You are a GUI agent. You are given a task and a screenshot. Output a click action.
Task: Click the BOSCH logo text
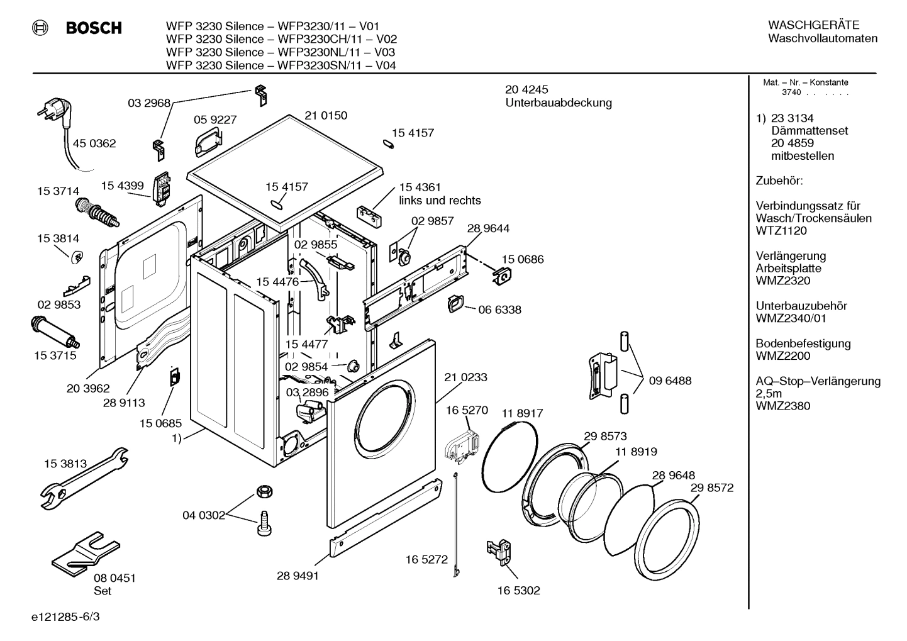[x=93, y=28]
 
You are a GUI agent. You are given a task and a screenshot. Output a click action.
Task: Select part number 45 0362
[x=94, y=143]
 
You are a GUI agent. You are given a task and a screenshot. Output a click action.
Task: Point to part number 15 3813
[x=65, y=464]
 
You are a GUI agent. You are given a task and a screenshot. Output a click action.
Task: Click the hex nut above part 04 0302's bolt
[x=264, y=491]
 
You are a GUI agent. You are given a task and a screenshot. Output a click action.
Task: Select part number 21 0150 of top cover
[x=326, y=116]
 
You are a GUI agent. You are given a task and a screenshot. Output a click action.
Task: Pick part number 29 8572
[x=711, y=488]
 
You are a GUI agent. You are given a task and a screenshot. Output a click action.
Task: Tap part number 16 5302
[x=518, y=590]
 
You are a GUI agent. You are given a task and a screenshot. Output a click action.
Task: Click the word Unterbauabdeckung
[x=558, y=103]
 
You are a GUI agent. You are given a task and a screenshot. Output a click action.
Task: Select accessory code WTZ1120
[x=781, y=231]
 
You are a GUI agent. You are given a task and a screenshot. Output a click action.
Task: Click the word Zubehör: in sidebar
[x=779, y=181]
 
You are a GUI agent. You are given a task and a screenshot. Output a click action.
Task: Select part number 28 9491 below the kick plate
[x=298, y=575]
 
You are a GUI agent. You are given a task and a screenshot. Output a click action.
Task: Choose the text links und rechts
[x=440, y=201]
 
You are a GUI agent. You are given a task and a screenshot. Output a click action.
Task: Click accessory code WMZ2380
[x=782, y=406]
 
